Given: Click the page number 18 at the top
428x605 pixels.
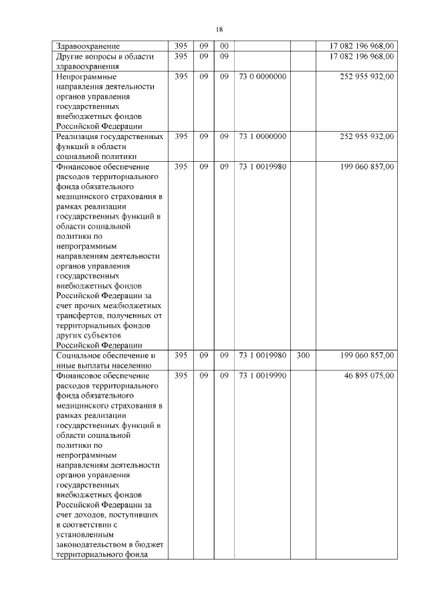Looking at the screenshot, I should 219,29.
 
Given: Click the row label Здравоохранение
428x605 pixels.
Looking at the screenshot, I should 88,46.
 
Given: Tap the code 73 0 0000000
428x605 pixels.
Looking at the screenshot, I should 262,77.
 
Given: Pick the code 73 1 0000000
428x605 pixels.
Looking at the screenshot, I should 262,136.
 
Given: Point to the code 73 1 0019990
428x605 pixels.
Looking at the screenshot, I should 262,376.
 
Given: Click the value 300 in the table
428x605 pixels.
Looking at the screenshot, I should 302,356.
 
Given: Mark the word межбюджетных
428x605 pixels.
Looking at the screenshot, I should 132,306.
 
